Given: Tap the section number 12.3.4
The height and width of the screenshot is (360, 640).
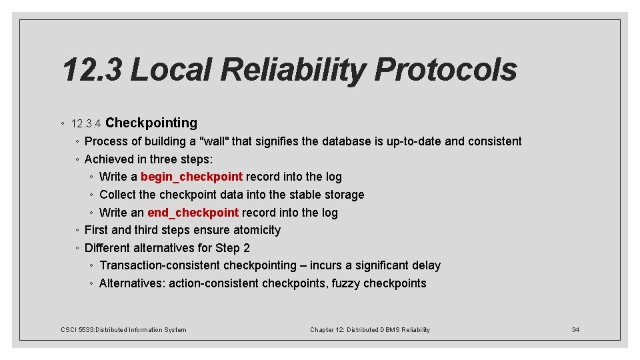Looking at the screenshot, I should (85, 124).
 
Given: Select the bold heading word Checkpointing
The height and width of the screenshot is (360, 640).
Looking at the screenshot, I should (151, 123).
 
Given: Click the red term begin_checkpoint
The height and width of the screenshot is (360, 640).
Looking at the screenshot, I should (191, 177).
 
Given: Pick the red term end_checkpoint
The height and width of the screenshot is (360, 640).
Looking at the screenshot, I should (193, 213).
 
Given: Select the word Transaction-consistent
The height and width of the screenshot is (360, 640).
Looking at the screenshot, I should (159, 265).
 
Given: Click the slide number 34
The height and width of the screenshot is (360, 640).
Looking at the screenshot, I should (575, 329).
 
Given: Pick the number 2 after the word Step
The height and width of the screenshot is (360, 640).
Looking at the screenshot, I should (246, 248).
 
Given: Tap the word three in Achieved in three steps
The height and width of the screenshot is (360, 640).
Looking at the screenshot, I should (157, 159).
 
